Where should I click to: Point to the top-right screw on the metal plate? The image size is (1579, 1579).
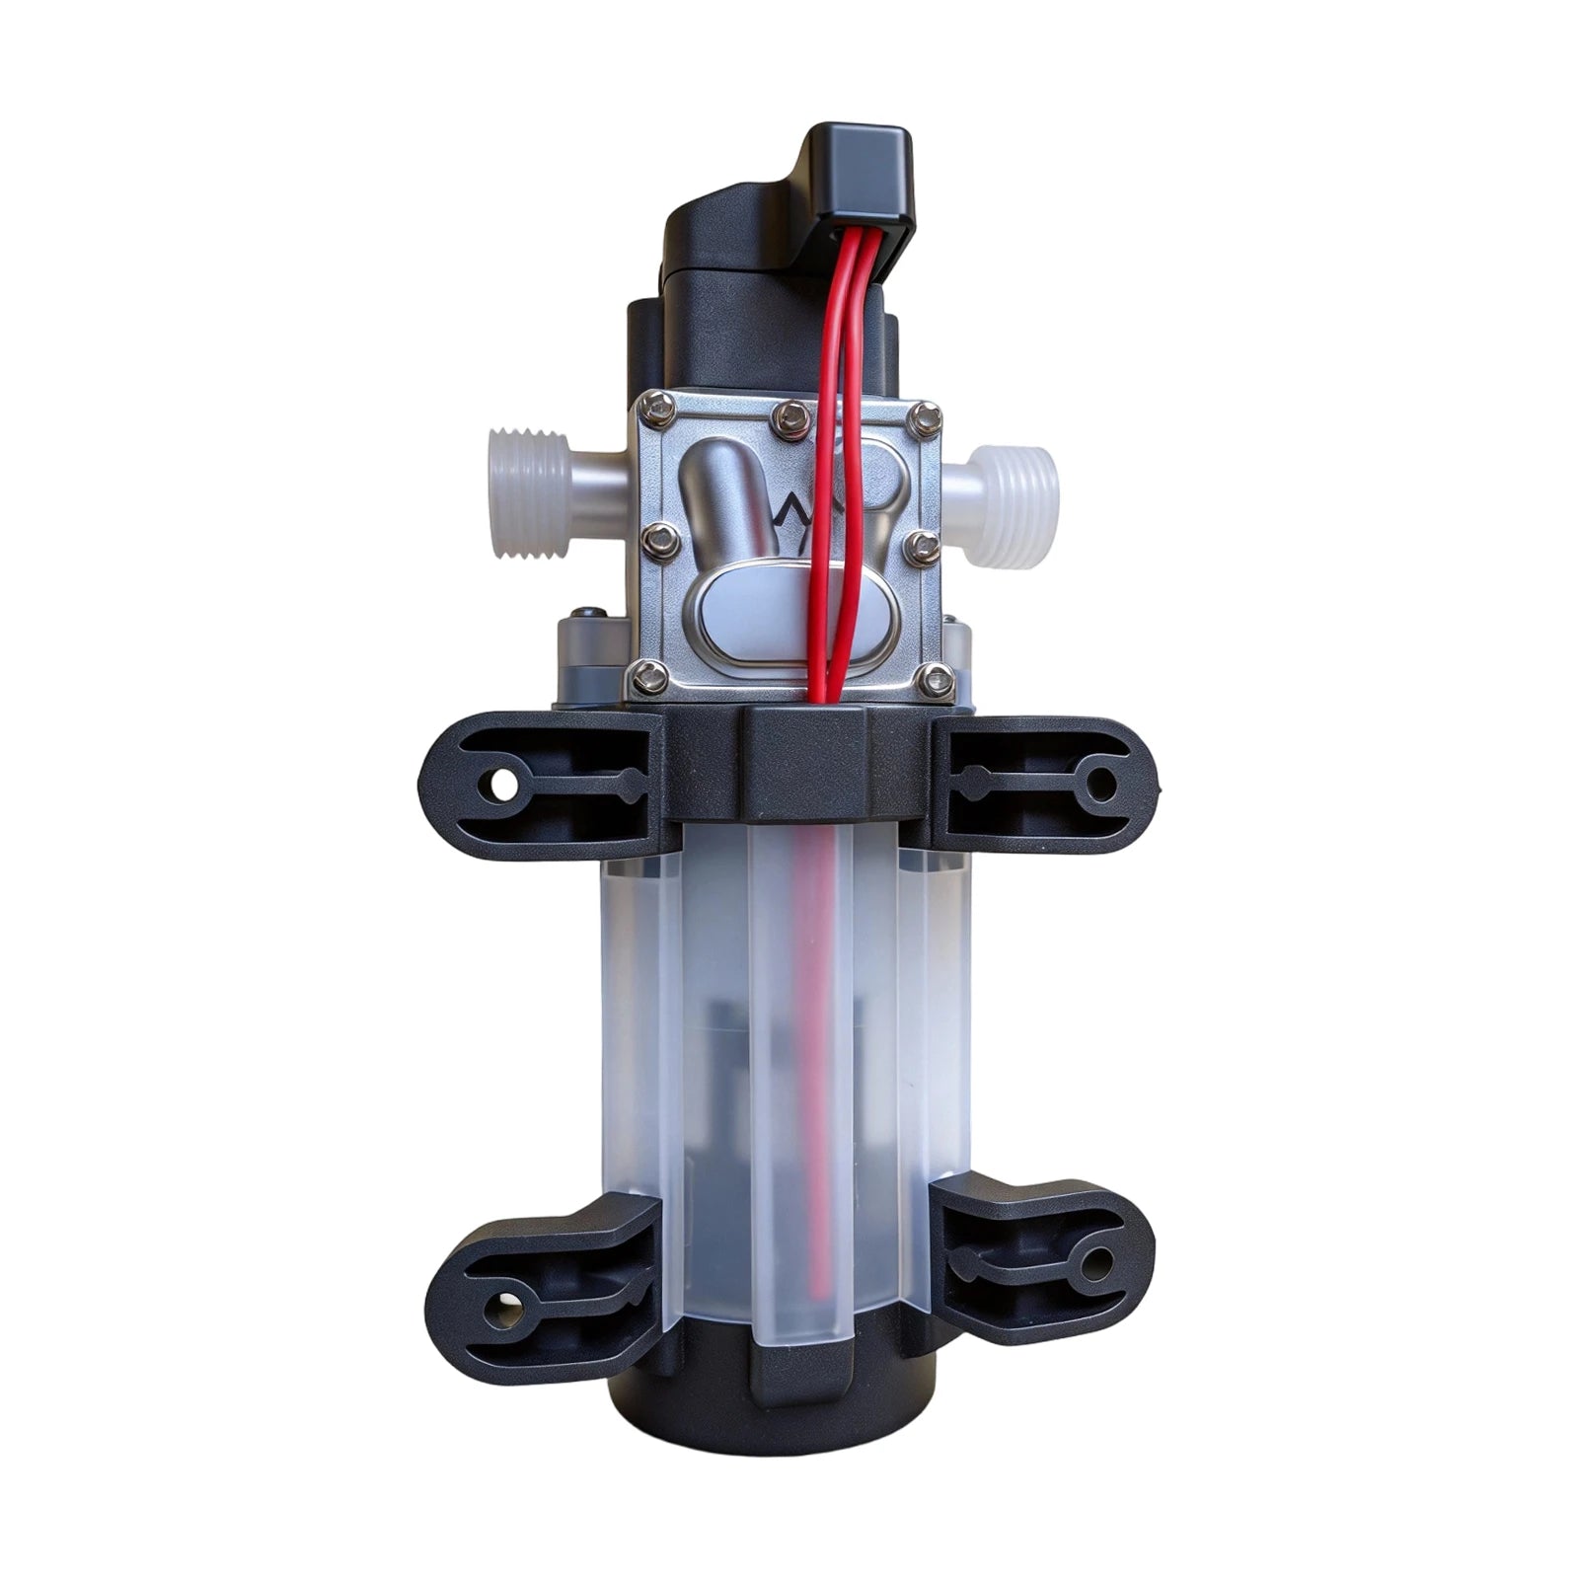[925, 419]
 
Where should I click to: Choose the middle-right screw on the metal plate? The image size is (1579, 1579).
[923, 548]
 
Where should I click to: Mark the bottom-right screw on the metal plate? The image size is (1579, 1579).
[937, 679]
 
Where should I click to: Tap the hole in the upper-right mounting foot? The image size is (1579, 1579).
[1101, 786]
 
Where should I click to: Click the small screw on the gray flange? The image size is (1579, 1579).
[590, 614]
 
